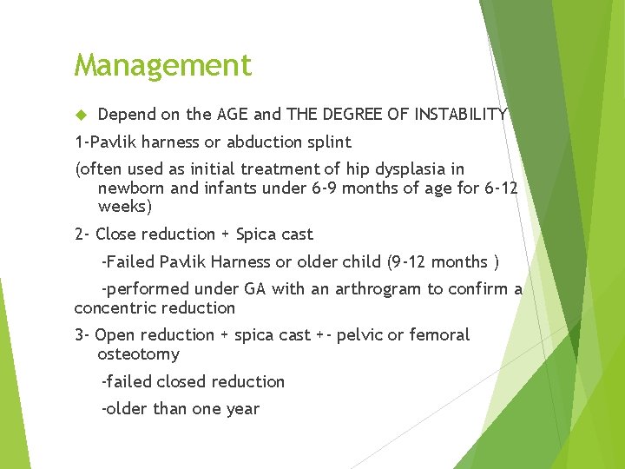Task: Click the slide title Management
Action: click(x=162, y=65)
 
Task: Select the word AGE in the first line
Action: click(x=234, y=114)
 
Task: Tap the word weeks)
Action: click(x=125, y=207)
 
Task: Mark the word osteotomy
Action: click(x=138, y=354)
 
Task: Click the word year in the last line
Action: click(x=241, y=408)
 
